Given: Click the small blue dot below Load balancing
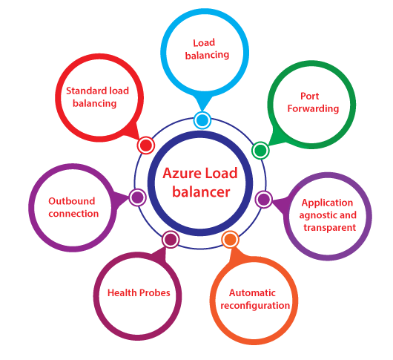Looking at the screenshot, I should (202, 120).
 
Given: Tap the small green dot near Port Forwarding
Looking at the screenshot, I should (260, 151).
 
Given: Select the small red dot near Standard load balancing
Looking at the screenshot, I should (146, 145).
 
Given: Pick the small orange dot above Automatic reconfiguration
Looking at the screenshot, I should (230, 239).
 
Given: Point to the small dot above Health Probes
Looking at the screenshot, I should (171, 239).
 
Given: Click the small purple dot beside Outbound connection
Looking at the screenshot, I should (136, 197).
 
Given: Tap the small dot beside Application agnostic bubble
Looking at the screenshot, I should (263, 199).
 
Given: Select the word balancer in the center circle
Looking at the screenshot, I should (201, 192).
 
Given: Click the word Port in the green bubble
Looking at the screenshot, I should (309, 96).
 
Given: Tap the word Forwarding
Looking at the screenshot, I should (310, 108).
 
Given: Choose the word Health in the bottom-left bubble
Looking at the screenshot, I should (123, 292).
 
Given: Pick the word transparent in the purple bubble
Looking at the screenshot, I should (328, 228).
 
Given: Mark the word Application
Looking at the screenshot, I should (328, 203).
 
